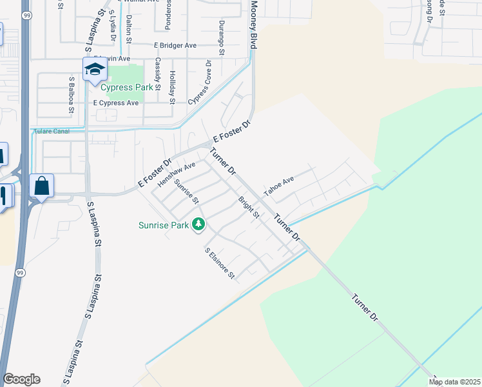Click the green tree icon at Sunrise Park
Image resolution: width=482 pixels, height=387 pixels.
(199, 224)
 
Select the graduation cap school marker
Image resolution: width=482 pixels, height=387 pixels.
(94, 69)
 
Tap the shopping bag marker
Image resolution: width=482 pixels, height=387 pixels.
(41, 186)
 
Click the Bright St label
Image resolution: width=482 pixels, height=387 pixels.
(249, 208)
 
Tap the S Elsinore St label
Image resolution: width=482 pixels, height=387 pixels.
(220, 264)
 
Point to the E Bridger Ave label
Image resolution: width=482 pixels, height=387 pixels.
(175, 46)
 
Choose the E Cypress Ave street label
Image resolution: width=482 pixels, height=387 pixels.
(116, 103)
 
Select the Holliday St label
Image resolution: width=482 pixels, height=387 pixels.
(172, 87)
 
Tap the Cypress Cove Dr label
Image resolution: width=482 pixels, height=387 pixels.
(200, 83)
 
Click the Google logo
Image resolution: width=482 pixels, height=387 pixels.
(21, 379)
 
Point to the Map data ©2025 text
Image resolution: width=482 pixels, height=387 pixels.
(454, 382)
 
